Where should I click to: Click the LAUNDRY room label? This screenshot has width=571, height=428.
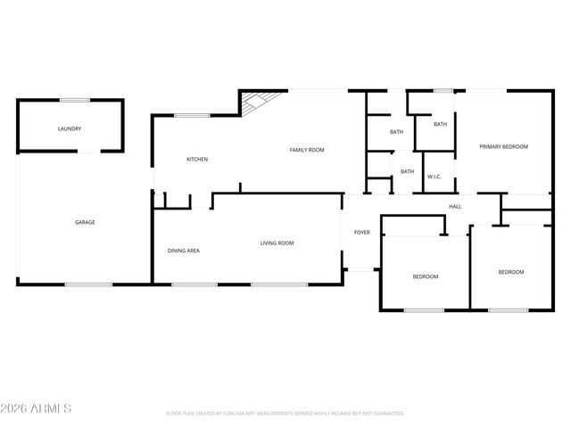point(70,129)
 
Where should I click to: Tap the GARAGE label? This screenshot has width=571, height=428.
point(85,222)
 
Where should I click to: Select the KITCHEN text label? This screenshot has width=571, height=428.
point(197,160)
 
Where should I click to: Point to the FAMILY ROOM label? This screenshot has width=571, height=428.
point(306,150)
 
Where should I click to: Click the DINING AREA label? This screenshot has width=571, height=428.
point(183,251)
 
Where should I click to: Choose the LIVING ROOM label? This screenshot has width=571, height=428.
point(277,243)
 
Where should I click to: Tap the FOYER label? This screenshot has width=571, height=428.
point(361,233)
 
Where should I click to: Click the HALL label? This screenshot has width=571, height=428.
point(455,207)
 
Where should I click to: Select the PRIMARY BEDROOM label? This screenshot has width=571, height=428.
point(503,146)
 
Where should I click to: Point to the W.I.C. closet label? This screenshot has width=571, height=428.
point(434,177)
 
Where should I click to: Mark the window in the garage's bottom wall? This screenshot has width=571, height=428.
point(88,284)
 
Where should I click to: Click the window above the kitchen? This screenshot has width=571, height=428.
point(192,115)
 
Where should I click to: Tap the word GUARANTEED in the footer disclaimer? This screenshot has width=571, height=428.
point(386,414)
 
